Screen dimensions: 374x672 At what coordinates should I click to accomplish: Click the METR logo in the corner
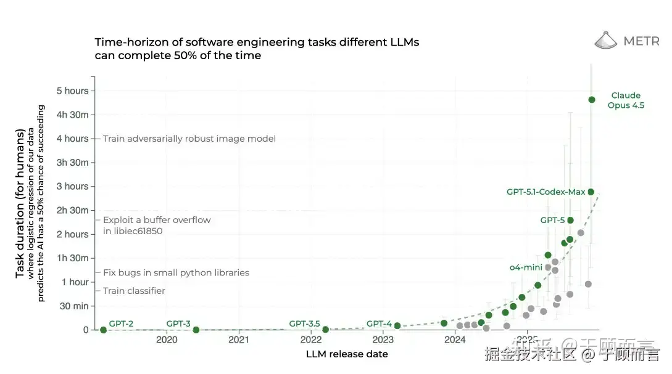tap(626, 41)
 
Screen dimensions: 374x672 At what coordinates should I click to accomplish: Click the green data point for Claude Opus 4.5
tap(592, 99)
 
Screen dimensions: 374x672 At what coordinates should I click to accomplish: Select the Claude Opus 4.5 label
tap(626, 100)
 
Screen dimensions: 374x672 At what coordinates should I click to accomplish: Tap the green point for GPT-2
tap(103, 330)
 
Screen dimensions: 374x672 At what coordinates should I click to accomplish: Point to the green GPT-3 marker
tap(196, 330)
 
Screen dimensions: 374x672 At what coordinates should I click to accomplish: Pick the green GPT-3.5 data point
tap(325, 329)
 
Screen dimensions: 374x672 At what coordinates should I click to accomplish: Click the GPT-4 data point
tap(397, 325)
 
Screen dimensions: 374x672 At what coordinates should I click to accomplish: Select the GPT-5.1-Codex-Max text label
tap(545, 192)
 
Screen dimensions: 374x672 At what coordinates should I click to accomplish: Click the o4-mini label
tap(526, 267)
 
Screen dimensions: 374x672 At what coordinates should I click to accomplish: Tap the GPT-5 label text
tap(552, 220)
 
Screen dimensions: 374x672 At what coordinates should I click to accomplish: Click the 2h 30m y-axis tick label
tap(73, 210)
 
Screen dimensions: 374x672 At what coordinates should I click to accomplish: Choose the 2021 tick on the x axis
tap(239, 339)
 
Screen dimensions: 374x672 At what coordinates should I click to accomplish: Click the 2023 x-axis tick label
tap(383, 339)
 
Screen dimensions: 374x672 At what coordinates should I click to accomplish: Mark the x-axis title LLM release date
tap(347, 354)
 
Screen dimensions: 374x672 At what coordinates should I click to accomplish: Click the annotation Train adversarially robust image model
tap(189, 139)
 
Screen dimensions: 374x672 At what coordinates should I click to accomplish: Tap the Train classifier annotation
tap(134, 291)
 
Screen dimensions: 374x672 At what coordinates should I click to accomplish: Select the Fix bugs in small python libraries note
tap(176, 272)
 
